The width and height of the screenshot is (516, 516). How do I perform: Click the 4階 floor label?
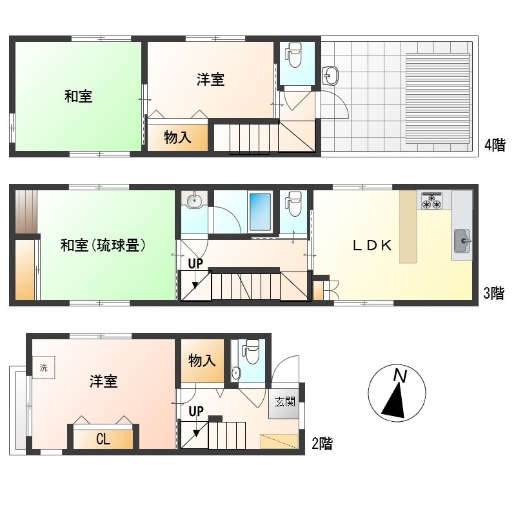click(x=495, y=144)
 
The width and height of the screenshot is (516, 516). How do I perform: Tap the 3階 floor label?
click(x=493, y=293)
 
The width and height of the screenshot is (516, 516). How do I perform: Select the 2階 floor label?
click(x=322, y=443)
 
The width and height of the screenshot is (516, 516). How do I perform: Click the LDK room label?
click(x=372, y=245)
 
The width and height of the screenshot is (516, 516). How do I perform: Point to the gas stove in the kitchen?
click(x=432, y=201)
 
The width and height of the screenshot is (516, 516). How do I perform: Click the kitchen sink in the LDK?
click(x=462, y=241)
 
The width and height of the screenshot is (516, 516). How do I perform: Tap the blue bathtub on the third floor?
click(x=260, y=212)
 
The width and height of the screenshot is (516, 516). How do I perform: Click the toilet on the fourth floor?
click(x=293, y=55)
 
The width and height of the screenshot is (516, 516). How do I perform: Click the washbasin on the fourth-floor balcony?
click(x=330, y=75)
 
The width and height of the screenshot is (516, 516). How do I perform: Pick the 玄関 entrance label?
click(x=285, y=401)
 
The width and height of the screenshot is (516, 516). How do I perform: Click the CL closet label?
click(x=103, y=439)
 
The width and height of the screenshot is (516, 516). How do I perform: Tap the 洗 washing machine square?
click(x=43, y=367)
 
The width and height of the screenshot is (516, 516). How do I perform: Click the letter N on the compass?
click(x=400, y=376)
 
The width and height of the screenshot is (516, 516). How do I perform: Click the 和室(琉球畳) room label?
click(x=103, y=245)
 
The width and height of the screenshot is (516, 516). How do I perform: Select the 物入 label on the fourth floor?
click(x=178, y=137)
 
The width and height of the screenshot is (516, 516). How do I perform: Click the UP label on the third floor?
click(x=195, y=263)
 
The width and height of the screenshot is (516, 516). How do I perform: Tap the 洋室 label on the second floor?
click(x=103, y=381)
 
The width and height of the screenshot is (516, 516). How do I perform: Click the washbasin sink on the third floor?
click(x=194, y=200)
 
